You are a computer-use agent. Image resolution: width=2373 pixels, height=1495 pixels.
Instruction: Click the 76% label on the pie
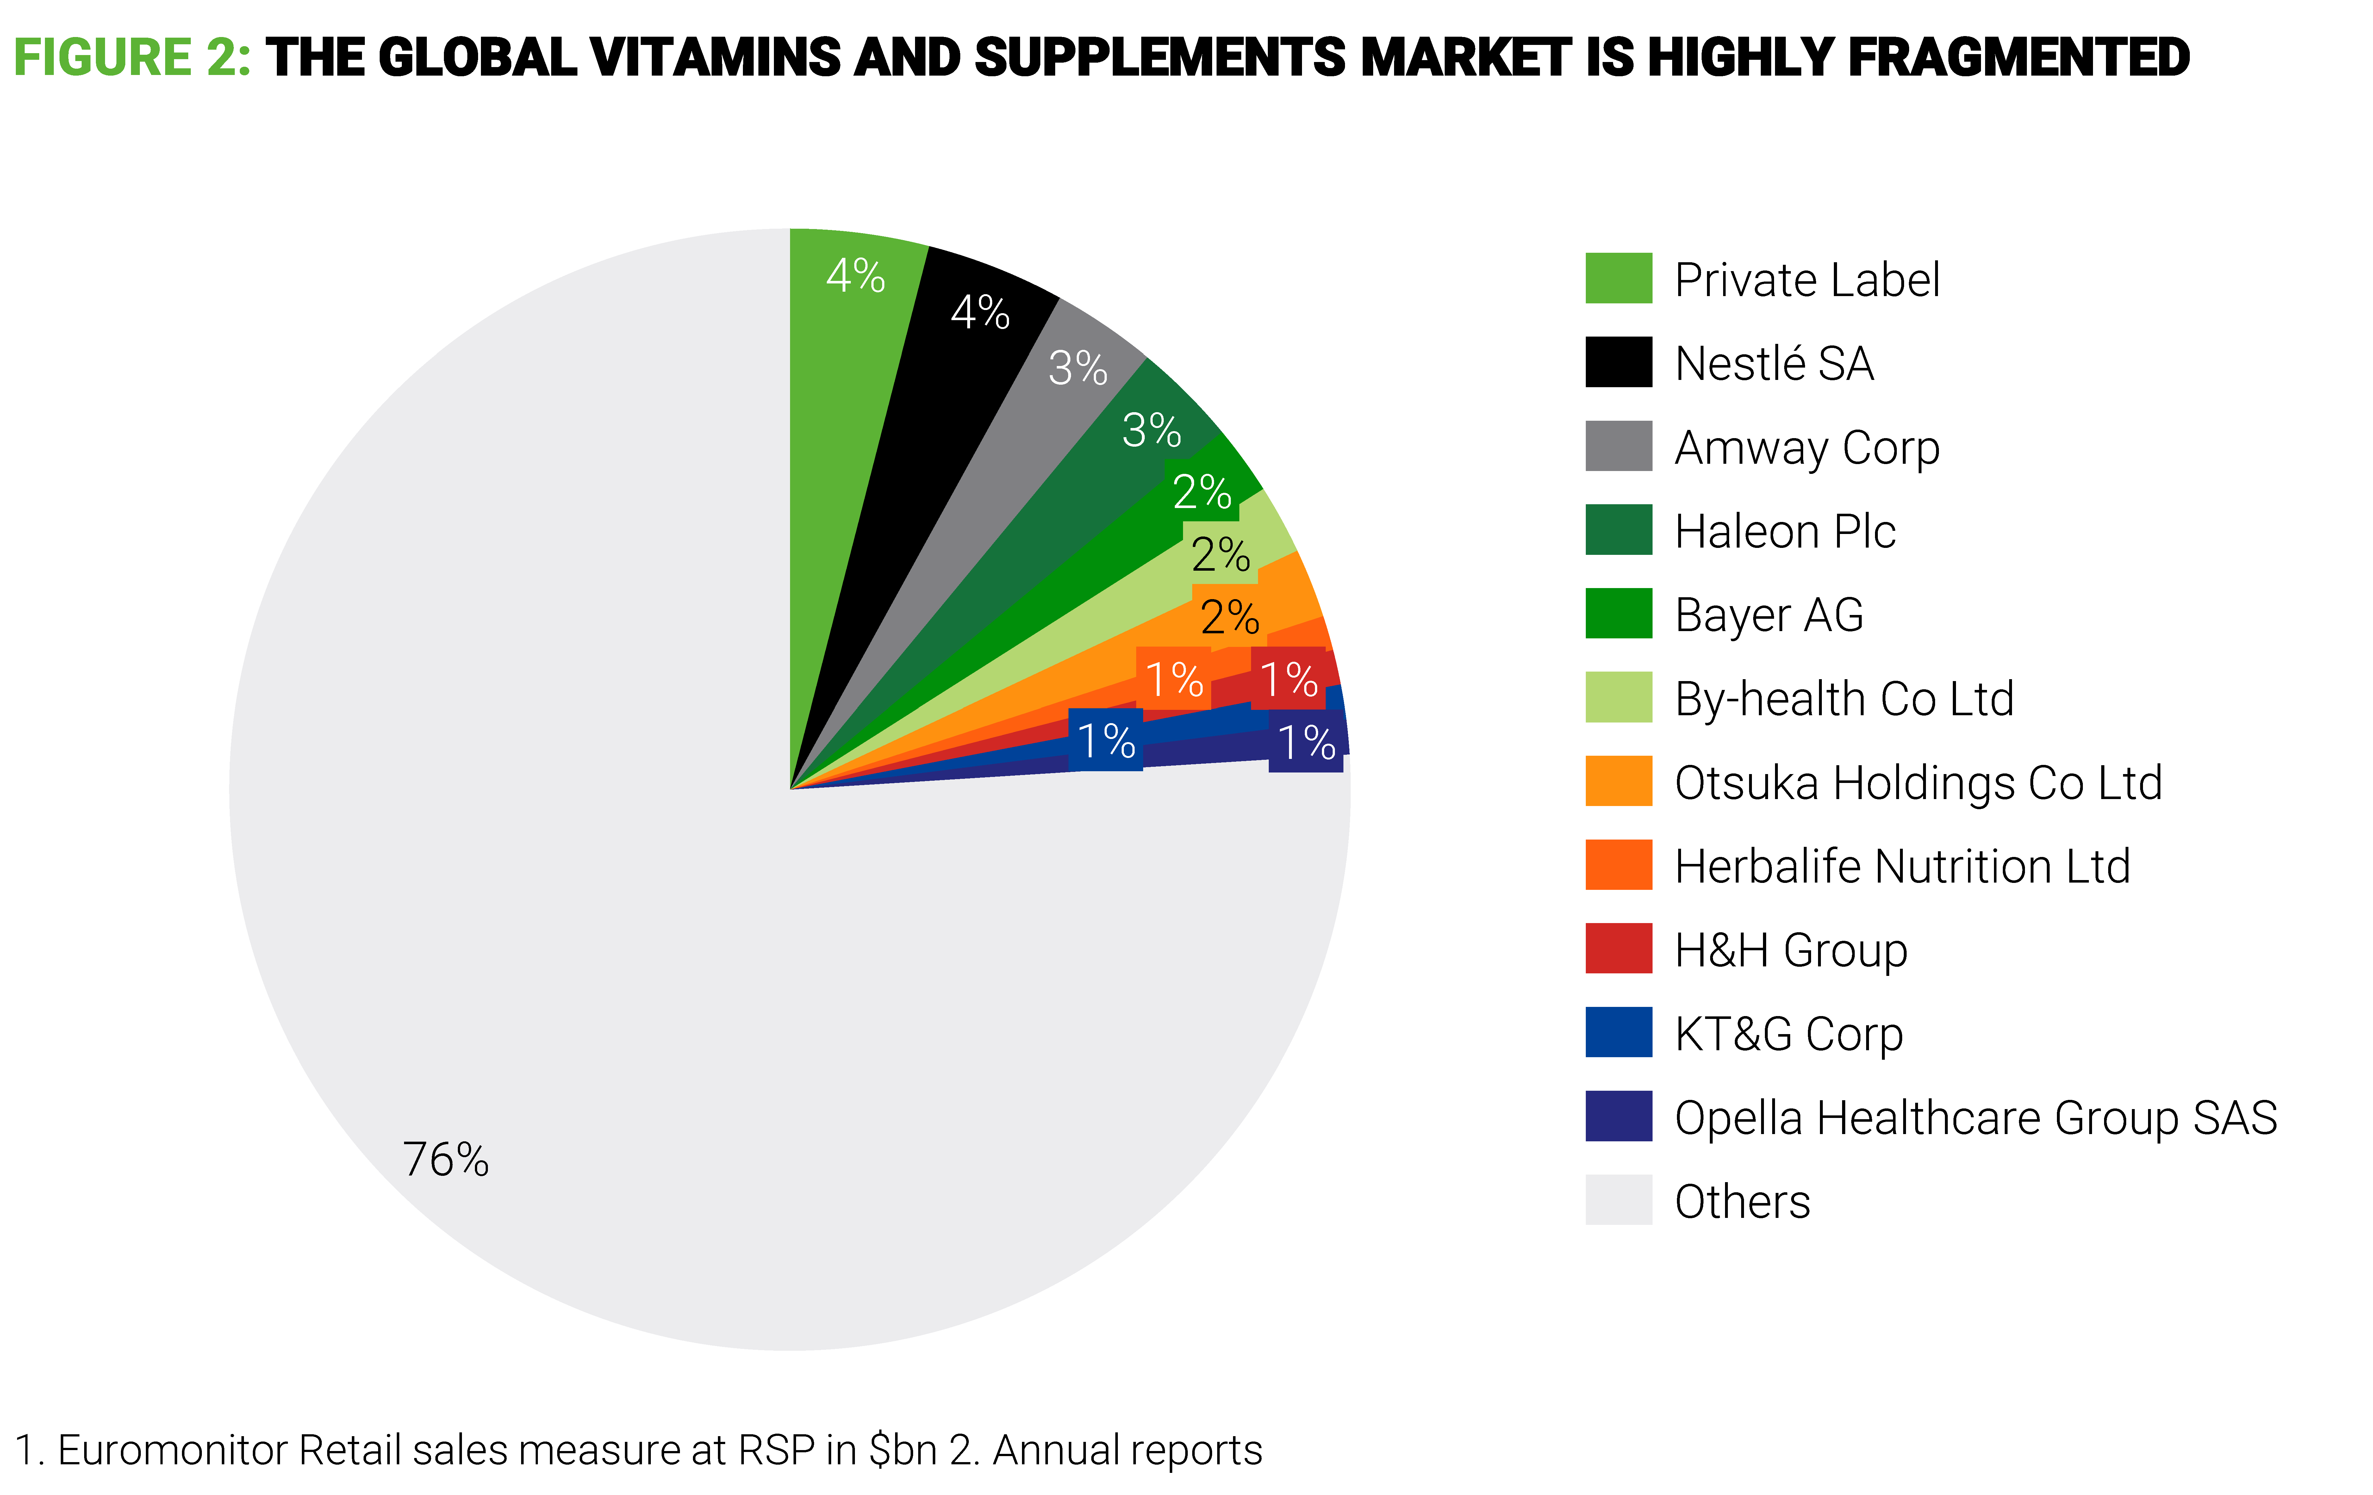click(445, 1160)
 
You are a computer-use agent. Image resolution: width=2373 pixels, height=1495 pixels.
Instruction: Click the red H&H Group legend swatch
click(1618, 948)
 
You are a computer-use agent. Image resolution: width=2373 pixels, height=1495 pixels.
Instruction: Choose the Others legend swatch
click(1618, 1199)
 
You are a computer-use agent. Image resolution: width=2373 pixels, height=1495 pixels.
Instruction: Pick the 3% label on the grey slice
click(1077, 369)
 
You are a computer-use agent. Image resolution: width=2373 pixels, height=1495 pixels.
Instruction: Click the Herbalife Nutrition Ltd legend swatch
click(1618, 864)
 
